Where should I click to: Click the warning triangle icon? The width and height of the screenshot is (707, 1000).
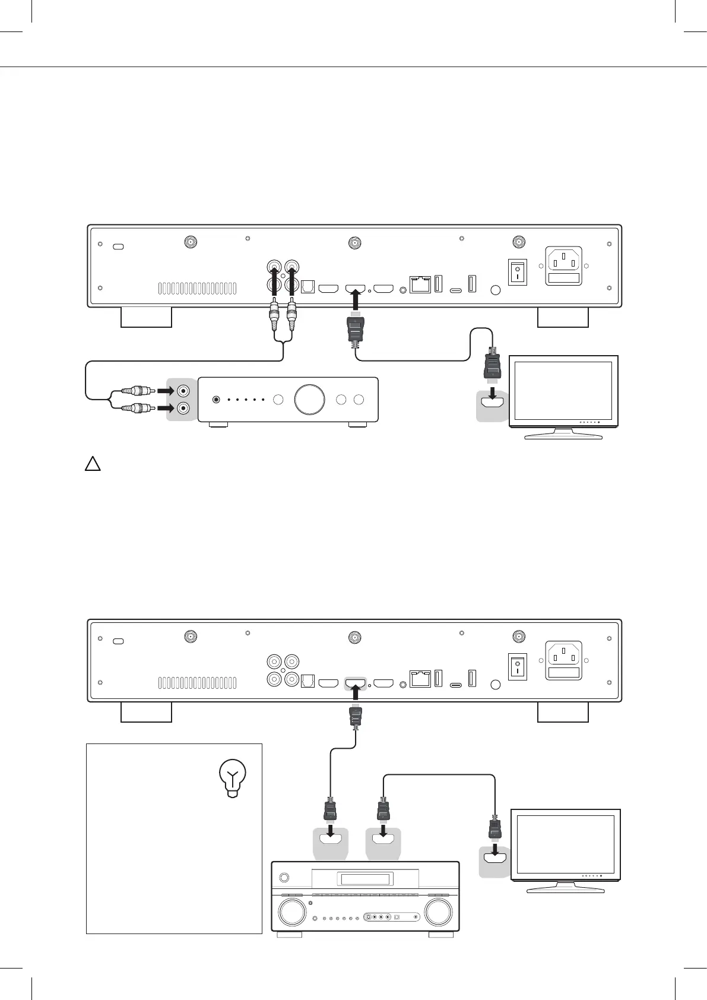(x=92, y=464)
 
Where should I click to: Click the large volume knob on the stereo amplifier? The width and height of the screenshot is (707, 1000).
(x=309, y=400)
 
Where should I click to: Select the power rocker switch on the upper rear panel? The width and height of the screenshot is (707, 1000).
(x=518, y=272)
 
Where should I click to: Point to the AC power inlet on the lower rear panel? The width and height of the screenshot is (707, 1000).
(x=563, y=660)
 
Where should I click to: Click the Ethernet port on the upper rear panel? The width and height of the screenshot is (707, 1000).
(x=420, y=284)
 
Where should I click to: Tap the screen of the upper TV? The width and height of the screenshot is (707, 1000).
(x=563, y=390)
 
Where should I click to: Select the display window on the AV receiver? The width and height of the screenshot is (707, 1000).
(x=364, y=879)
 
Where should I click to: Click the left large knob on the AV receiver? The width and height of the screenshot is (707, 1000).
(x=291, y=913)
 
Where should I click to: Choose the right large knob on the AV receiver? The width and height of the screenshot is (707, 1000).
(x=438, y=913)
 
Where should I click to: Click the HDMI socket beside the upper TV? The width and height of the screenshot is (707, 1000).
(x=492, y=402)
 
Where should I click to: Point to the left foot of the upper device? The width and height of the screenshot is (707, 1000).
(x=146, y=317)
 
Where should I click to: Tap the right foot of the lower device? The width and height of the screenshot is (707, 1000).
(x=563, y=712)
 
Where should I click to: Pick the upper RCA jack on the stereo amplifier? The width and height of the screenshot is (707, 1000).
(x=184, y=391)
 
